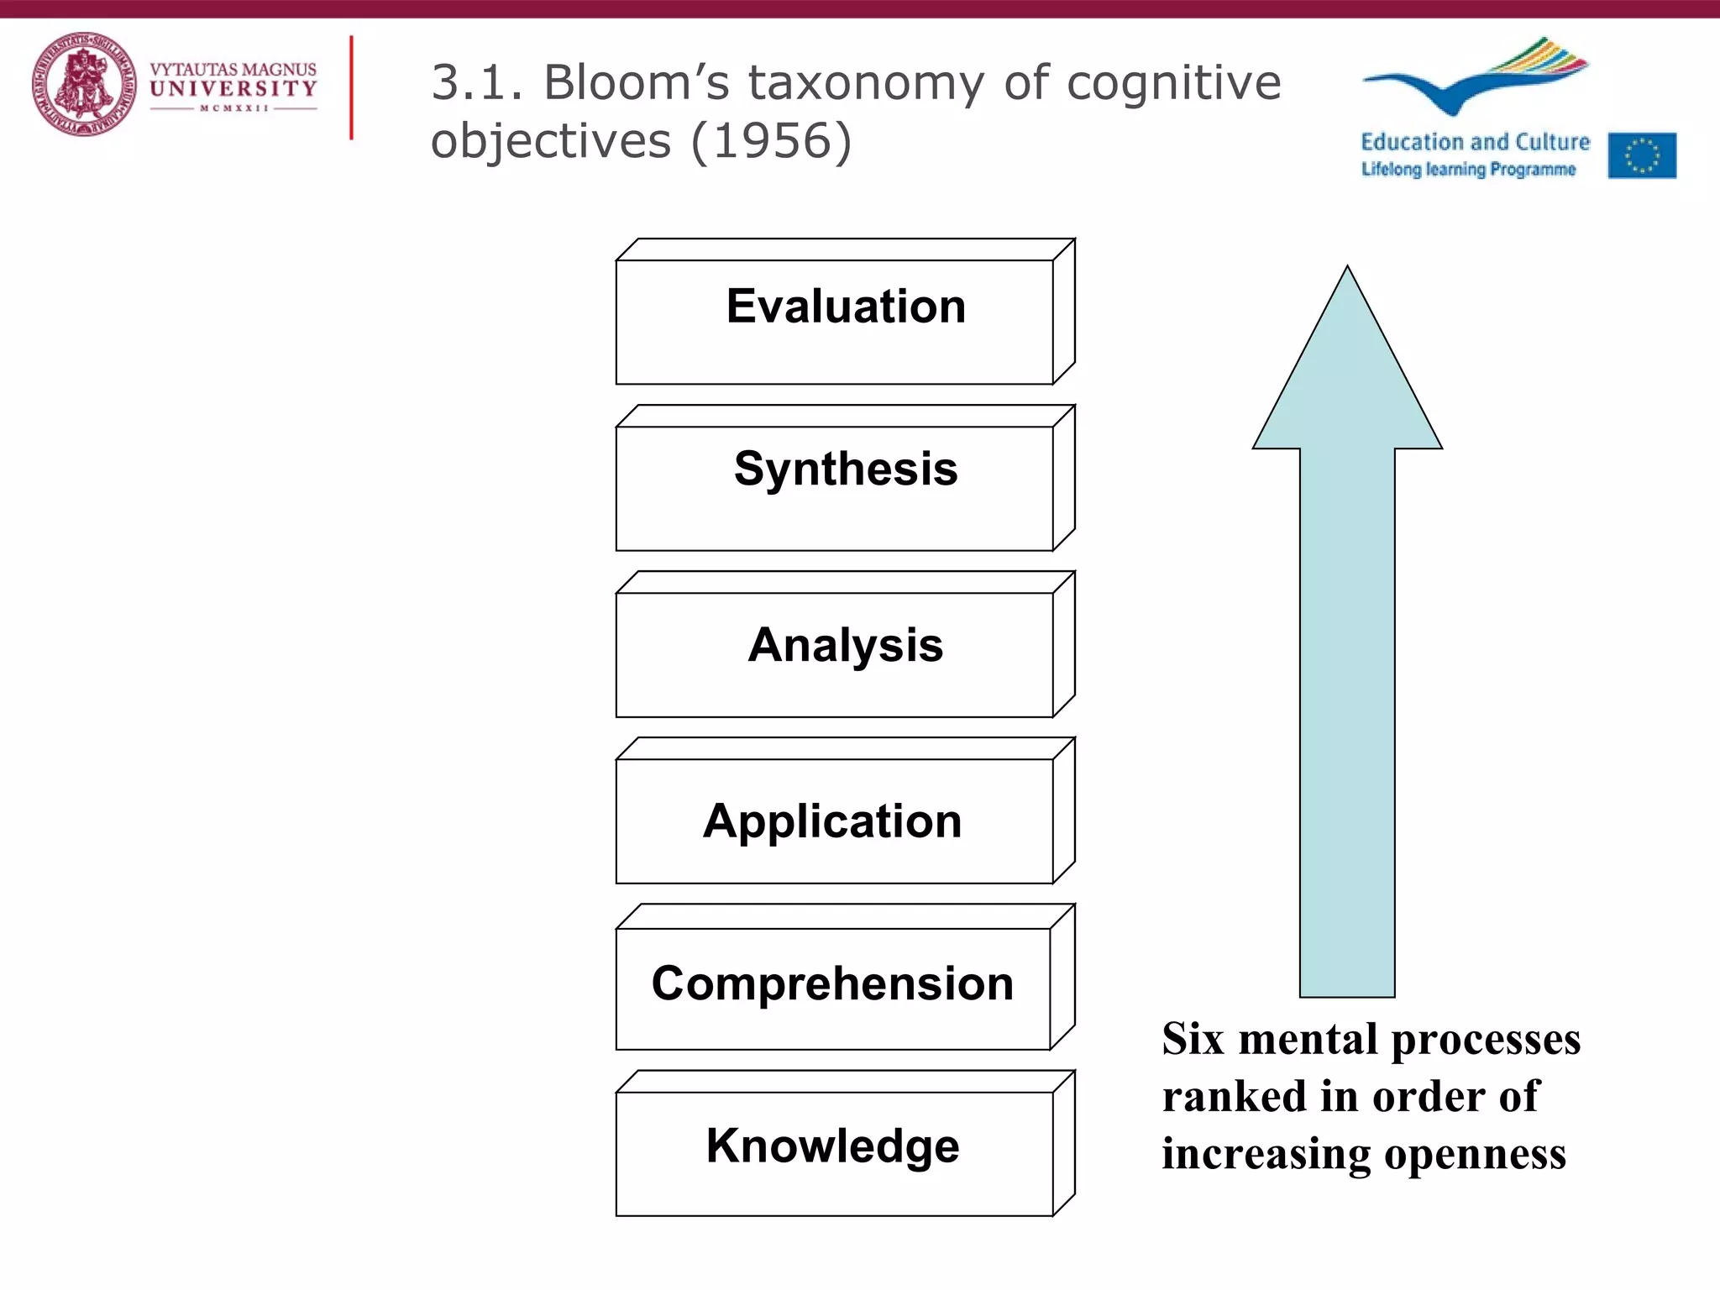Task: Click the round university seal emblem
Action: click(x=84, y=84)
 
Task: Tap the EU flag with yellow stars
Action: click(x=1642, y=155)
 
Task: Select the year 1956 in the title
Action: click(x=771, y=140)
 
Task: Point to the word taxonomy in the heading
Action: click(x=866, y=84)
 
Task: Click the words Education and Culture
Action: click(x=1475, y=142)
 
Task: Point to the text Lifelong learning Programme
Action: click(x=1468, y=169)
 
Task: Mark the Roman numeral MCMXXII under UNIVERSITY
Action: click(x=233, y=108)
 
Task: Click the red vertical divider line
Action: click(x=351, y=87)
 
